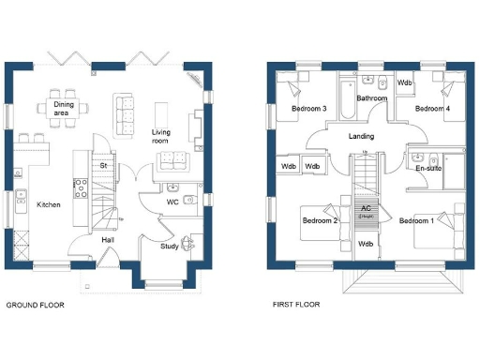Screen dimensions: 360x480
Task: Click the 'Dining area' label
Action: (64, 108)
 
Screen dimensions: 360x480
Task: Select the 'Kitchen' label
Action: (49, 203)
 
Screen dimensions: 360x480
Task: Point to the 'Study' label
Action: (169, 247)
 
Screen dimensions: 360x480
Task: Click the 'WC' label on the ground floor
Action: (172, 202)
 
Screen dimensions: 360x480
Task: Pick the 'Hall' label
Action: (109, 239)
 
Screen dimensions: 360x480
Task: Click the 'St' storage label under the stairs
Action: (104, 165)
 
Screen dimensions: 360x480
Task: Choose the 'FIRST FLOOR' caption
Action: (296, 305)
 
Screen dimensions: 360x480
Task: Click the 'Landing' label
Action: (361, 136)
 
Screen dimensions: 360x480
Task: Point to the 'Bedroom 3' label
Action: (308, 109)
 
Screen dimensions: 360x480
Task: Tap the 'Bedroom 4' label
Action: (433, 109)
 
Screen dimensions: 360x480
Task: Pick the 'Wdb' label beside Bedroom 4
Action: (405, 82)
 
